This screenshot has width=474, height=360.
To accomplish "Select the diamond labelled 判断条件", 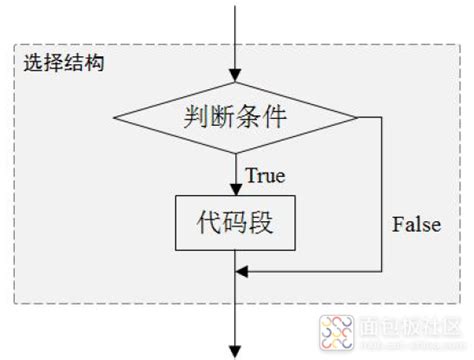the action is click(x=236, y=117).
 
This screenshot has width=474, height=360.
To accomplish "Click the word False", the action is click(x=416, y=224).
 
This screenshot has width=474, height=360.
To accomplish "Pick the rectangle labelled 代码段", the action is click(x=236, y=223).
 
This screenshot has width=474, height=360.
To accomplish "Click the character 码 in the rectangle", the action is click(x=237, y=223).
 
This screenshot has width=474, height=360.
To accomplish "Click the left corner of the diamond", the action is click(x=118, y=117).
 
